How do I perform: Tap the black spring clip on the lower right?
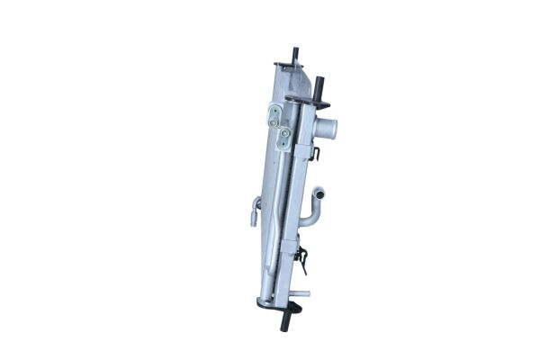[x=303, y=261]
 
